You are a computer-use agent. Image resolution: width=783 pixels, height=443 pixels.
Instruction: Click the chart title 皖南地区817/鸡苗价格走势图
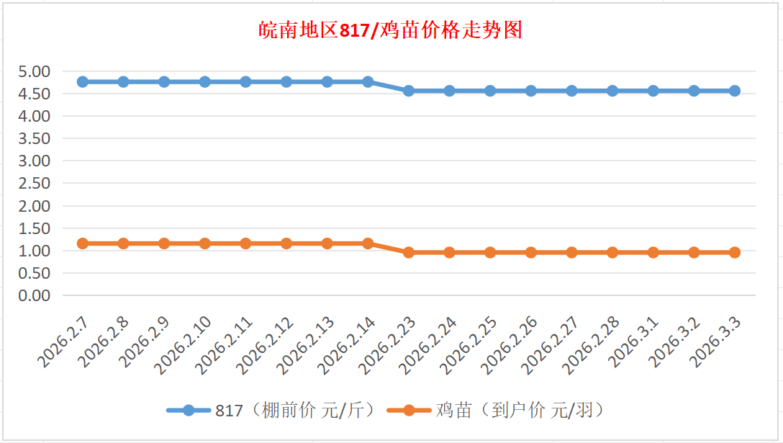(391, 30)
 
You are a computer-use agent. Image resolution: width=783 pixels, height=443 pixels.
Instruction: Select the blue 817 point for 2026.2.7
(83, 81)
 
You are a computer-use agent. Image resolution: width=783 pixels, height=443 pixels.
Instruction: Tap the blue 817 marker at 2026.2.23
(409, 91)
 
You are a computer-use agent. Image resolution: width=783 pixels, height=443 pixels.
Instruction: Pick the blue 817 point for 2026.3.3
(735, 91)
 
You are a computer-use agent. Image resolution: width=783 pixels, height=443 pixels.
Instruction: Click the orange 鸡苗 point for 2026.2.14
(368, 243)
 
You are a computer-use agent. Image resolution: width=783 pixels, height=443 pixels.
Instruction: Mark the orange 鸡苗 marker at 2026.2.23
(409, 252)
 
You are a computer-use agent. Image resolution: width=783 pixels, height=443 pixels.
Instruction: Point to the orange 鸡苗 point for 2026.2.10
(205, 243)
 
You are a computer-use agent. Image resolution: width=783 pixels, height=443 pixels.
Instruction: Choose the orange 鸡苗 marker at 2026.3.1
(653, 252)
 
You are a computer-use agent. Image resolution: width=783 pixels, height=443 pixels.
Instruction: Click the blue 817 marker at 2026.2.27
(571, 91)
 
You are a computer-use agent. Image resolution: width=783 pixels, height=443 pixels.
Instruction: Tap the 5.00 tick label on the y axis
(34, 71)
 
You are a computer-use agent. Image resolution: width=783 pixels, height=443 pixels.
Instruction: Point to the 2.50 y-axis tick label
(34, 183)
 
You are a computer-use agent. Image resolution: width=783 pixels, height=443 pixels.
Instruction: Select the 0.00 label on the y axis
(34, 295)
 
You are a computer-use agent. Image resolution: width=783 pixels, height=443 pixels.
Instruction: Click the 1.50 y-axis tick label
(34, 228)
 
